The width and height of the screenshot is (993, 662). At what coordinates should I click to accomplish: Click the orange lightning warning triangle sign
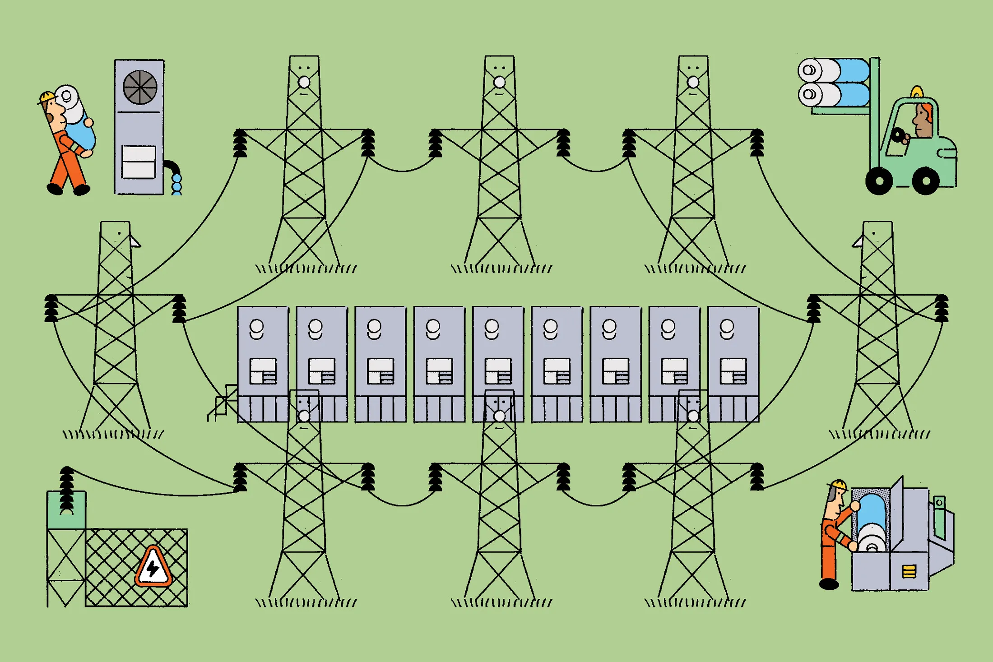pyautogui.click(x=153, y=568)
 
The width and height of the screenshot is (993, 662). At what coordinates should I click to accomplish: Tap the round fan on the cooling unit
pyautogui.click(x=140, y=87)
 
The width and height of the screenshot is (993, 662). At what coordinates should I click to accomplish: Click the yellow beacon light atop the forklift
pyautogui.click(x=916, y=93)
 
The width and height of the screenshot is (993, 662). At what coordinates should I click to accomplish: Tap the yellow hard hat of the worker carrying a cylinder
pyautogui.click(x=47, y=97)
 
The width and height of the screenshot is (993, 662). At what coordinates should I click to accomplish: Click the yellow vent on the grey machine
pyautogui.click(x=909, y=572)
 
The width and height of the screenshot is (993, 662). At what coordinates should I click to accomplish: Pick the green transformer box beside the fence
pyautogui.click(x=66, y=510)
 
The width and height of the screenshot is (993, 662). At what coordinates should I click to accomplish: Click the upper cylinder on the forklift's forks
pyautogui.click(x=833, y=70)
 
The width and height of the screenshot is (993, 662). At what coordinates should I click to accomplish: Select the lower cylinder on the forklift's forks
pyautogui.click(x=833, y=95)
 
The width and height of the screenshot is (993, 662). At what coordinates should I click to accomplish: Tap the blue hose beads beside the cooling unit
pyautogui.click(x=177, y=185)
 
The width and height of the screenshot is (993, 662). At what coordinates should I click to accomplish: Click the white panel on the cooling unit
pyautogui.click(x=139, y=162)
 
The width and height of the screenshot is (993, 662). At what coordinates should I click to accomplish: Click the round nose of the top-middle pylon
pyautogui.click(x=499, y=82)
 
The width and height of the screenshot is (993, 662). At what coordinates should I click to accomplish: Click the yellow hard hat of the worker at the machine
pyautogui.click(x=839, y=484)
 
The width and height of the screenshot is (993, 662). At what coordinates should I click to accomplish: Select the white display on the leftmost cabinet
pyautogui.click(x=263, y=371)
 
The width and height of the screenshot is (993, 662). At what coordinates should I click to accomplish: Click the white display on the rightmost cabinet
pyautogui.click(x=733, y=371)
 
